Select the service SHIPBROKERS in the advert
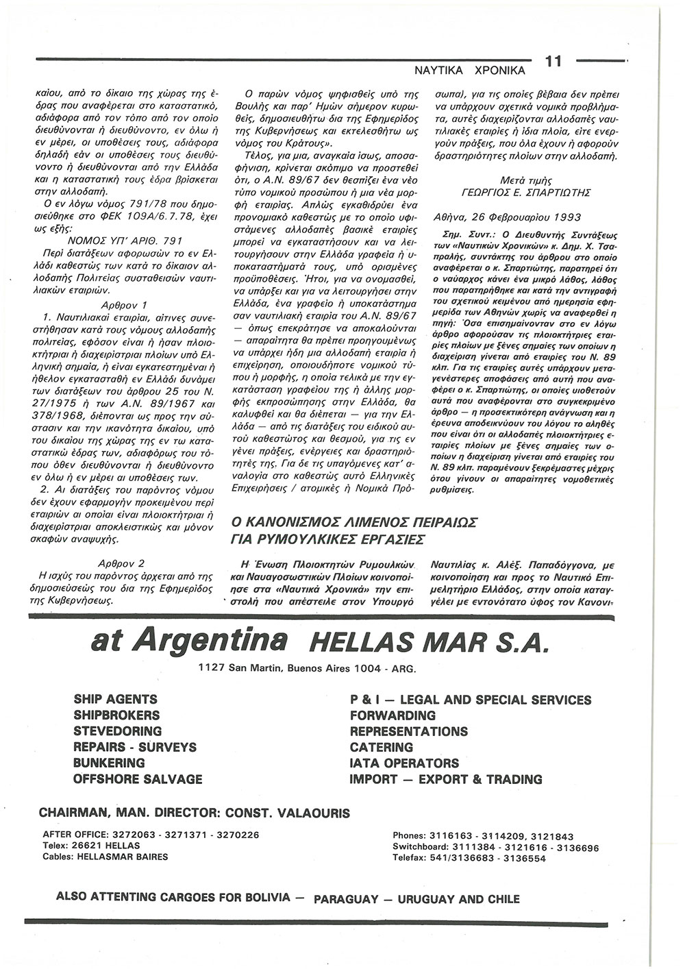coord(116,715)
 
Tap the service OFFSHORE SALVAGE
coord(138,779)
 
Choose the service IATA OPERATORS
coord(404,763)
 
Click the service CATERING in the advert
coord(381,747)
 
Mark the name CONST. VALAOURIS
coord(286,813)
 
